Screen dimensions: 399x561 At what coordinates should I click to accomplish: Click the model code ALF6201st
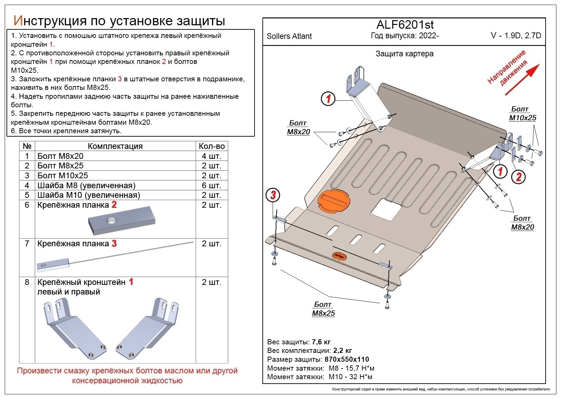coord(405,25)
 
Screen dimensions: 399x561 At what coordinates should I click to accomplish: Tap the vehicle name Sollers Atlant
coord(289,36)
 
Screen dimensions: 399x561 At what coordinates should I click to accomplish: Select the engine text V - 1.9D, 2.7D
coord(516,36)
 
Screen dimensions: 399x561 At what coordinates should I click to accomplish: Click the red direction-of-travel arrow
coord(522,79)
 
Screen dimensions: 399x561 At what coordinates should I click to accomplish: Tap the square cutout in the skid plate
coord(387,209)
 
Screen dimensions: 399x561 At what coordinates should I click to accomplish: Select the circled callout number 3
coord(273,195)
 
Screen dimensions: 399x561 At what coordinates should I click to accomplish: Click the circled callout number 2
coord(518,177)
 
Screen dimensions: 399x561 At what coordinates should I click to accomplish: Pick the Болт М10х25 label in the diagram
coord(522,114)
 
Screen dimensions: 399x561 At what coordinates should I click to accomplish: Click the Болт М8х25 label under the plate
coord(323,309)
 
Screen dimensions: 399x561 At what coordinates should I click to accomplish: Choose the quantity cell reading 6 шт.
coord(211,185)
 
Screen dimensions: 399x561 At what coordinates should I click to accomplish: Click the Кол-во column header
coord(211,146)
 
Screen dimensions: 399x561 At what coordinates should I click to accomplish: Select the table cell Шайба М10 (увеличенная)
coord(88,195)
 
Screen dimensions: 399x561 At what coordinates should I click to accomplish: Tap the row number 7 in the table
coord(27,244)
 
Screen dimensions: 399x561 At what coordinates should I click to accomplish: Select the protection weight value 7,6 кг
coord(321,342)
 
